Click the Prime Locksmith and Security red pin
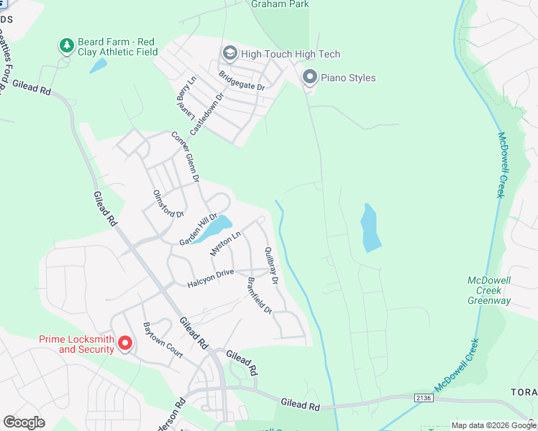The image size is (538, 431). click(124, 343)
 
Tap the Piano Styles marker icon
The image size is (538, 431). click(310, 76)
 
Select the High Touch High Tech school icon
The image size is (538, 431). click(229, 53)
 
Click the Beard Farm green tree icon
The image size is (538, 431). click(66, 46)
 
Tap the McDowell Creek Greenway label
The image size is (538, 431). click(488, 290)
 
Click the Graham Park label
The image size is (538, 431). click(280, 4)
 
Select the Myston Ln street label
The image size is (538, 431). click(224, 244)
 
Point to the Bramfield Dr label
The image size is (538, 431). click(259, 296)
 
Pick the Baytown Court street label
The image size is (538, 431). click(163, 340)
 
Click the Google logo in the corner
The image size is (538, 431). click(24, 422)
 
